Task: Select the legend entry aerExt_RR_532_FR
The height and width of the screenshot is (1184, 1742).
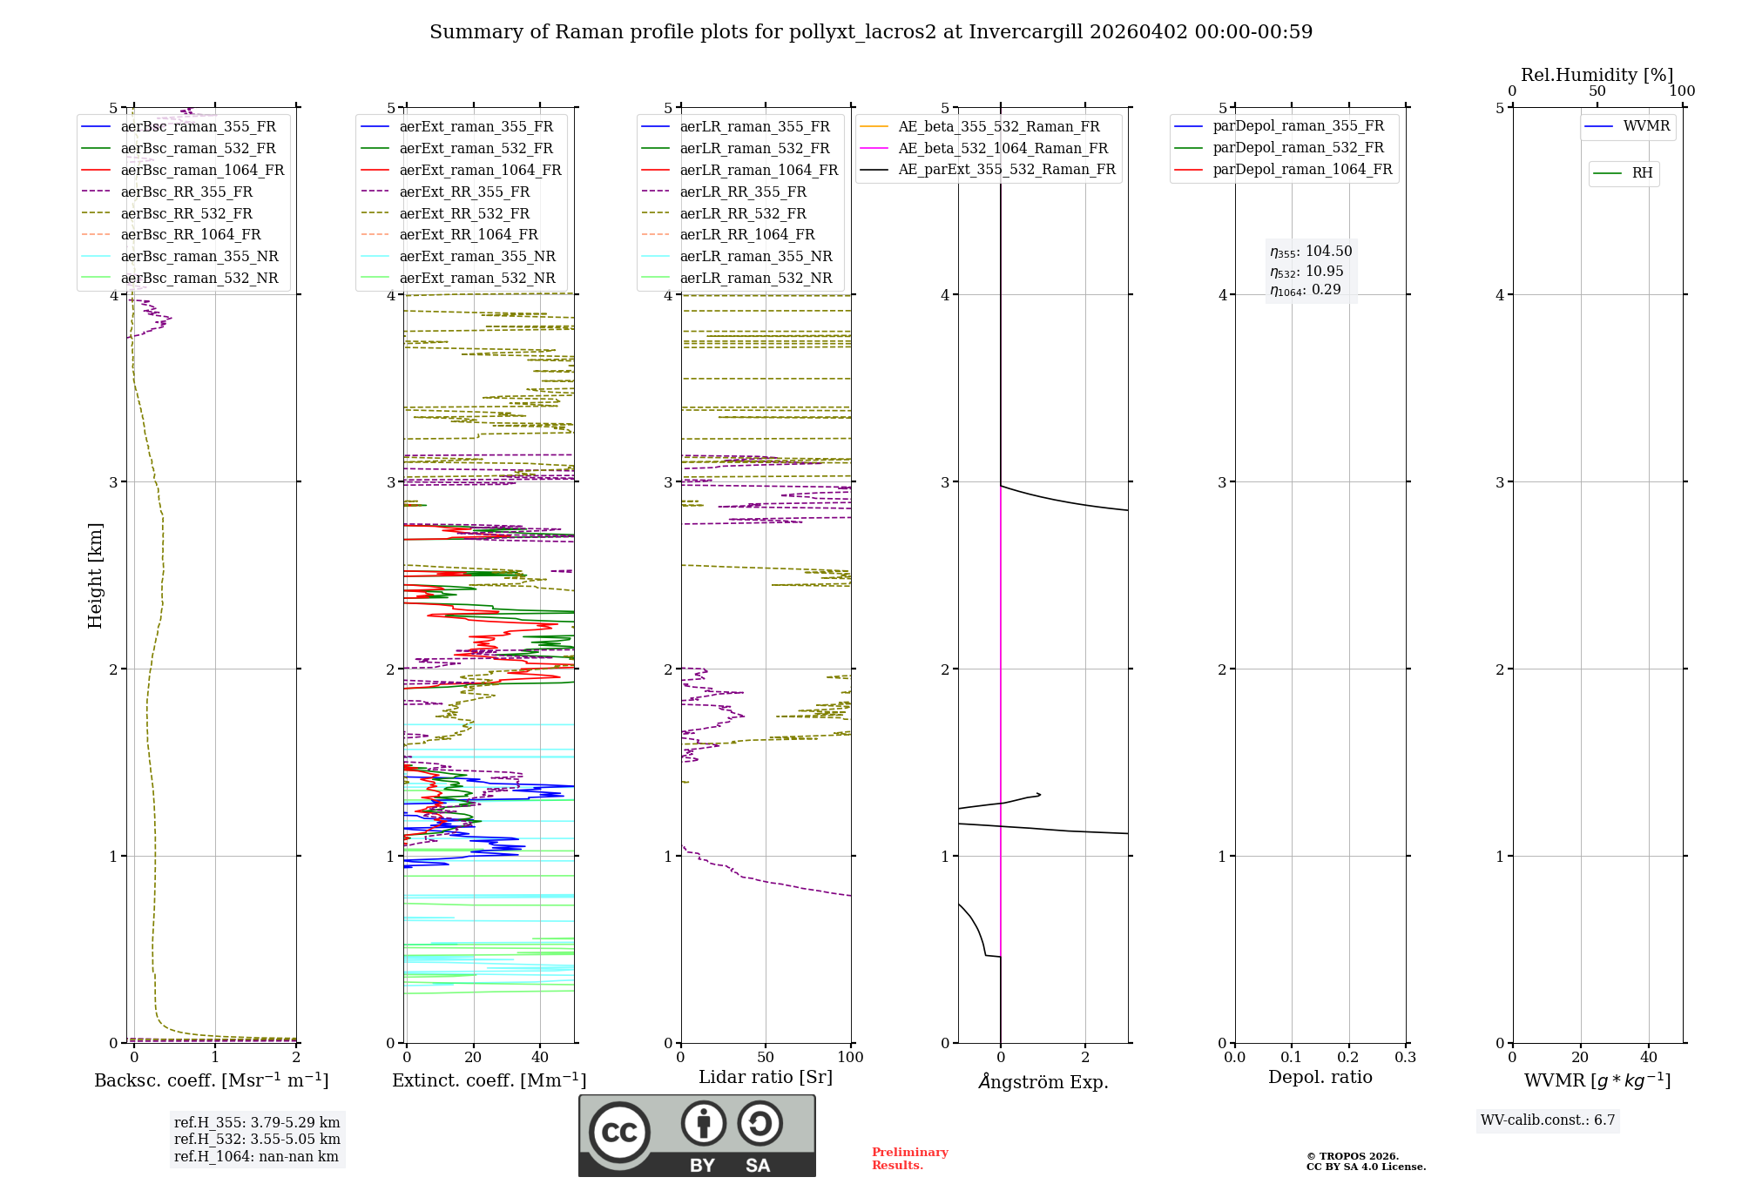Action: pos(463,214)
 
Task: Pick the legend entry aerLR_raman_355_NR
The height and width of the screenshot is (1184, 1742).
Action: pos(755,257)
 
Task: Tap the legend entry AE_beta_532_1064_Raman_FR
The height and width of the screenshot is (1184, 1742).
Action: pos(1003,149)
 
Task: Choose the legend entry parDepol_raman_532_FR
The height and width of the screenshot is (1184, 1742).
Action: pos(1298,148)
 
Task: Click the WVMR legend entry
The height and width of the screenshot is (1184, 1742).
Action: pos(1645,127)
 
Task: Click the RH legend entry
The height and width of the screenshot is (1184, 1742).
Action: pos(1641,173)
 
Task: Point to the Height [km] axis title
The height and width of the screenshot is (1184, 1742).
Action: pos(95,575)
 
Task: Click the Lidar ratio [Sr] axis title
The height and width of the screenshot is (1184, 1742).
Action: pos(766,1078)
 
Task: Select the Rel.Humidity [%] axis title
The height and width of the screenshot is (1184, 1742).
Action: pos(1597,76)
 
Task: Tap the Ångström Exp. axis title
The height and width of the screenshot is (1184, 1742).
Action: pos(1043,1082)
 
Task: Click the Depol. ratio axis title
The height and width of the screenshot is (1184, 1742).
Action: pos(1320,1078)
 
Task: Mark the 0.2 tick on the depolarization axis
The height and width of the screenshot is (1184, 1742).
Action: pos(1348,1058)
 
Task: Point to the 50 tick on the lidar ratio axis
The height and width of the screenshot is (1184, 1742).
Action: pos(766,1058)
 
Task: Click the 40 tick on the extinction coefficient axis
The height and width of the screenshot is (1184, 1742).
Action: pos(540,1058)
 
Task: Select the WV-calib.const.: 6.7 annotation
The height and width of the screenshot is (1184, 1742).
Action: pos(1548,1120)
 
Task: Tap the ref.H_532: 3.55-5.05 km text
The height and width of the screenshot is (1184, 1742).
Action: pos(257,1140)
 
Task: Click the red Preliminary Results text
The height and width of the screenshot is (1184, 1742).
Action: pos(909,1159)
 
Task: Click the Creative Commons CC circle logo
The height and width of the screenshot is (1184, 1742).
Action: pos(619,1133)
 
